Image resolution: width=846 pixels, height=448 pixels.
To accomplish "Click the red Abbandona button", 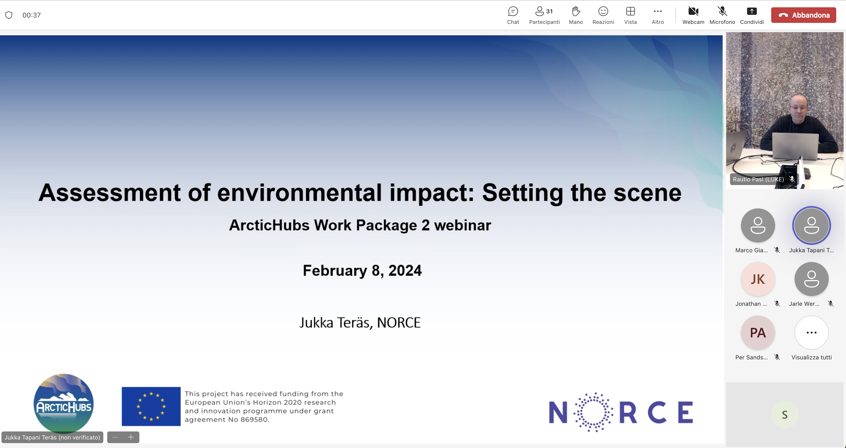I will pyautogui.click(x=803, y=15).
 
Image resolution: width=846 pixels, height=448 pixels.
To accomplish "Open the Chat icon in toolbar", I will pyautogui.click(x=513, y=11).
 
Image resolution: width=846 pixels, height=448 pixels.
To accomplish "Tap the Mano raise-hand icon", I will pyautogui.click(x=576, y=11).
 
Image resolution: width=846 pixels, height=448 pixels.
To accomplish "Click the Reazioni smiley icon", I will pyautogui.click(x=603, y=11).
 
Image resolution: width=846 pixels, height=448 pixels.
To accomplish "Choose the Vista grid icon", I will pyautogui.click(x=630, y=11).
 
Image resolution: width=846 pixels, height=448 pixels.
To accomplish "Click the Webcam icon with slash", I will pyautogui.click(x=693, y=11).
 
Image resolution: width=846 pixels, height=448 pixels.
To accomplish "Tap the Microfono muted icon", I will pyautogui.click(x=722, y=11).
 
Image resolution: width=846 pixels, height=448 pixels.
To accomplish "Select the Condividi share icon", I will pyautogui.click(x=751, y=11).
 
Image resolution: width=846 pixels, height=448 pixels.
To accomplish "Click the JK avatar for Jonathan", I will pyautogui.click(x=758, y=279).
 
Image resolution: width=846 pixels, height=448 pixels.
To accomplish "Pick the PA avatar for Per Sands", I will pyautogui.click(x=758, y=333).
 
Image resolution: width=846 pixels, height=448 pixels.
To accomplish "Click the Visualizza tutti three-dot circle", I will pyautogui.click(x=811, y=333).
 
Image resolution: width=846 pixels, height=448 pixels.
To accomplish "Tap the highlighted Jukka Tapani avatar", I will pyautogui.click(x=811, y=225).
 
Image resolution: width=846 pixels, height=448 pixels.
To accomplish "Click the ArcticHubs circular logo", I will pyautogui.click(x=63, y=404).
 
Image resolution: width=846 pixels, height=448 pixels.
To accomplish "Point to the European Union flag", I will pyautogui.click(x=151, y=406).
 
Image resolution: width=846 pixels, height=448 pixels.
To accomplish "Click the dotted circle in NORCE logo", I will pyautogui.click(x=593, y=412).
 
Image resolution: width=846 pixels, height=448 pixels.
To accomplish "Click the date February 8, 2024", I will pyautogui.click(x=362, y=271).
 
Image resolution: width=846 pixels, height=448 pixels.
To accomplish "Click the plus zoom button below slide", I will pyautogui.click(x=131, y=437).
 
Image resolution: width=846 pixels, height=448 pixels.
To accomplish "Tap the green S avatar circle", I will pyautogui.click(x=784, y=415).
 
